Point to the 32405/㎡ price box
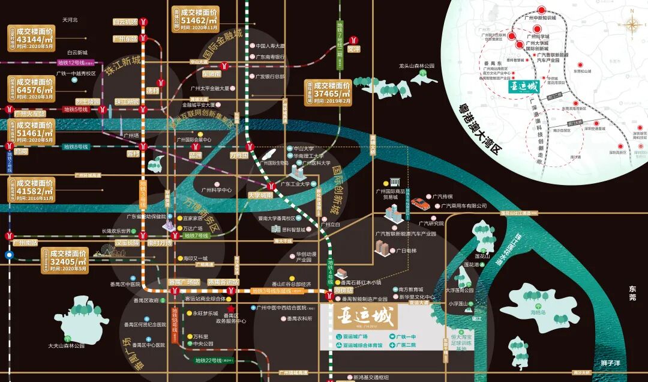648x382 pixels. (68, 260)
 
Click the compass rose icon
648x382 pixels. (632, 25)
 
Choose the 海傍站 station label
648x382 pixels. (344, 291)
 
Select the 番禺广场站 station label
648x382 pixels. (184, 282)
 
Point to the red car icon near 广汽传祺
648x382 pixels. (420, 204)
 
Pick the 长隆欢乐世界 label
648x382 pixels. (116, 231)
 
